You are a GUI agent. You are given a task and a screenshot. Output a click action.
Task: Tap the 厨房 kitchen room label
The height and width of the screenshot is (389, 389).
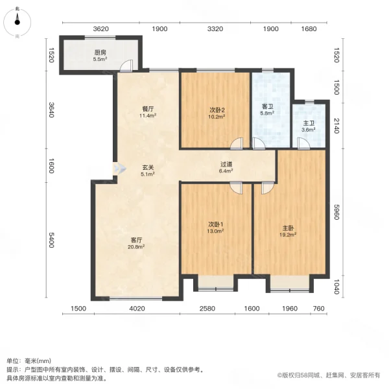pyautogui.click(x=99, y=52)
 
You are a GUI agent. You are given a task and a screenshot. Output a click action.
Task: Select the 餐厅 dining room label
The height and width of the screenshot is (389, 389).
pyautogui.click(x=147, y=110)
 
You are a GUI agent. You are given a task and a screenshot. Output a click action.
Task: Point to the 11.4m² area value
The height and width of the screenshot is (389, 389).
pyautogui.click(x=147, y=116)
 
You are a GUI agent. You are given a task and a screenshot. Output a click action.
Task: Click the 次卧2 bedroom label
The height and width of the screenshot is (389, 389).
pyautogui.click(x=216, y=110)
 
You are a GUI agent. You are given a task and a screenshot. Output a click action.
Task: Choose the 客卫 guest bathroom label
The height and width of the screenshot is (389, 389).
pyautogui.click(x=267, y=106)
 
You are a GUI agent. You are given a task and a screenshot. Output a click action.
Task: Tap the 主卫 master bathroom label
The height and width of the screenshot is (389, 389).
pyautogui.click(x=308, y=123)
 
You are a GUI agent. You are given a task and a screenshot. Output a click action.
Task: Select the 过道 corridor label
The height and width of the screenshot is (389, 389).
pyautogui.click(x=226, y=165)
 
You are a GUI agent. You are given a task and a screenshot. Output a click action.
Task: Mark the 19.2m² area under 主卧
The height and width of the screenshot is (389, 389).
pyautogui.click(x=289, y=234)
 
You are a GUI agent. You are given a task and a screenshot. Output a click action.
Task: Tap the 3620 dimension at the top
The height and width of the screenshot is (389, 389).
pyautogui.click(x=101, y=29)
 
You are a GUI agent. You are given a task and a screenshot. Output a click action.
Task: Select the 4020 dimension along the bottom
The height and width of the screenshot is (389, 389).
pyautogui.click(x=136, y=309)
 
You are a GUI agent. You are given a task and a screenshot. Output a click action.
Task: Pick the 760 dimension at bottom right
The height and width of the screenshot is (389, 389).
pyautogui.click(x=318, y=309)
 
